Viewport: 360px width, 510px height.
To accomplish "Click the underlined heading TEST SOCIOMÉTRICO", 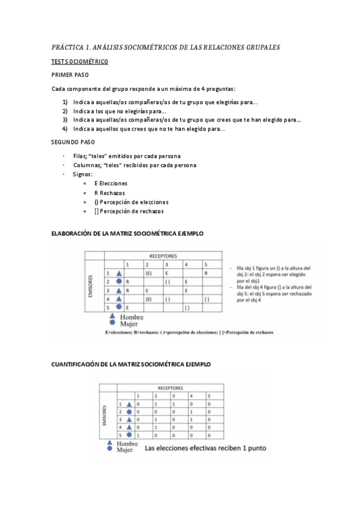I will click(x=79, y=62).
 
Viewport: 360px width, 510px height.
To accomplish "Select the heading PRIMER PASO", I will click(x=70, y=75).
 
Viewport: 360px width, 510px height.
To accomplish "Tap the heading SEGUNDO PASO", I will click(x=73, y=143).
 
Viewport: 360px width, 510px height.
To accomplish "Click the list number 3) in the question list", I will click(x=65, y=120).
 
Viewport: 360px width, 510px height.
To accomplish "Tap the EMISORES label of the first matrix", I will click(x=91, y=285).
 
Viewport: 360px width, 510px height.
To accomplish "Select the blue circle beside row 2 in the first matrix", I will click(x=120, y=281).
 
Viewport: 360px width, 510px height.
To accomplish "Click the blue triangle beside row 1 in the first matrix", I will click(x=120, y=273).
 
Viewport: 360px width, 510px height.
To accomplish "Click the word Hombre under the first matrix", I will click(x=133, y=317).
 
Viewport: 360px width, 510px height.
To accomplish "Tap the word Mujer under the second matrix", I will click(x=125, y=449).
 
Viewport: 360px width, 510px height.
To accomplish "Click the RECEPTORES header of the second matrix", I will click(x=171, y=388).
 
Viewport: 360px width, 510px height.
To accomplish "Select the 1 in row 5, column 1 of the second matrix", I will click(x=138, y=435).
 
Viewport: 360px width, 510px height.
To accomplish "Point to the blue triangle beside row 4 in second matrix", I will click(x=129, y=427).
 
